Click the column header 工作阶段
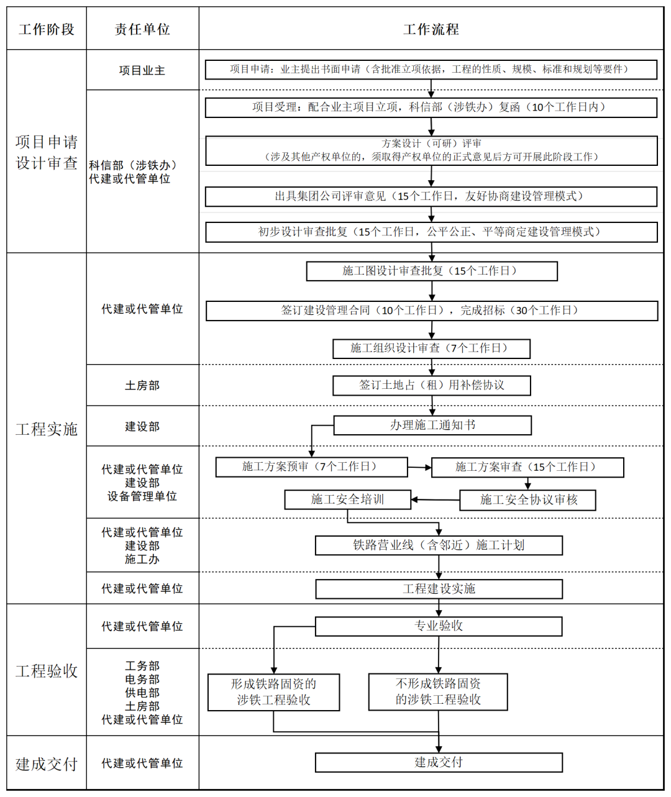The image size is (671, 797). coord(47,29)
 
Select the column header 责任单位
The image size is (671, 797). coord(142,29)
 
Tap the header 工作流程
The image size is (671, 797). coord(431,29)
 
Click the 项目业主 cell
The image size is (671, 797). coord(142,70)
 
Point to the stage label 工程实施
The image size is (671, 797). coord(47,429)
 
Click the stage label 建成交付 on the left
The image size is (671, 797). coord(47,763)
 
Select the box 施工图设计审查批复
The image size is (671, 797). coord(432,271)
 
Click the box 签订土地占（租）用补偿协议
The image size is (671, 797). coord(432,385)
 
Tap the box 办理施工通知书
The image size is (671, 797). coord(432,425)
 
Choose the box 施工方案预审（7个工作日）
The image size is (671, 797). coord(311,467)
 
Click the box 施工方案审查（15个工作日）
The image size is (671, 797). coord(527,467)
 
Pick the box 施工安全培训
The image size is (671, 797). coord(348,499)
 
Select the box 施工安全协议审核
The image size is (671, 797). coord(528,499)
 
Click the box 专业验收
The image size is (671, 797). coord(439,626)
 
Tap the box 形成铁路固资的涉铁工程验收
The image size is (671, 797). coord(273,692)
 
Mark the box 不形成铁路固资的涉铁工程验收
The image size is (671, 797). coord(438,691)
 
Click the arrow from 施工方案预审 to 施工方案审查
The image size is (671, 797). coord(419,467)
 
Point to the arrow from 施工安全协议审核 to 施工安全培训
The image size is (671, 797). coord(435,499)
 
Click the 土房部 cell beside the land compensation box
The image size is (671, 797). coord(142,385)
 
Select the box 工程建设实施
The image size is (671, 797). coord(439,588)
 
